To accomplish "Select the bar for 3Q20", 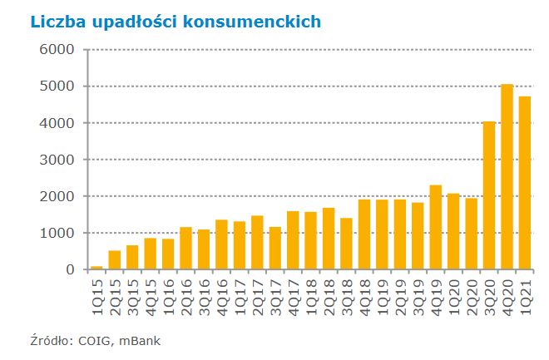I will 489,196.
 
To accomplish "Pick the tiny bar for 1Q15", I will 97,268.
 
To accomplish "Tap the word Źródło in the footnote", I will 51,339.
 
